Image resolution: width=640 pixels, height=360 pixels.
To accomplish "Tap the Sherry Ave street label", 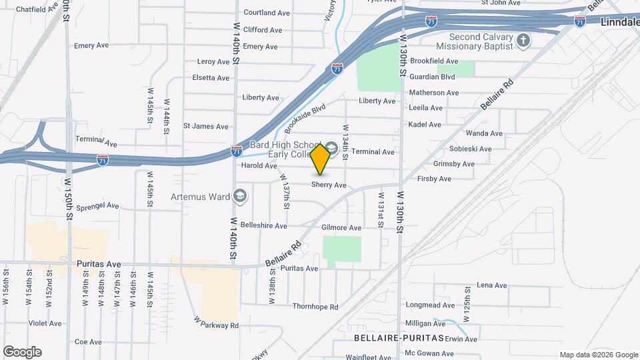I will click(x=329, y=185).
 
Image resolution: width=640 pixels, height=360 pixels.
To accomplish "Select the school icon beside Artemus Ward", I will click(x=239, y=196).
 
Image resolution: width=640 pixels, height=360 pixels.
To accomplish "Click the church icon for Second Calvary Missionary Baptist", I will click(x=523, y=41).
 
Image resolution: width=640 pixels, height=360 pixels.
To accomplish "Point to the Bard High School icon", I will click(x=331, y=145).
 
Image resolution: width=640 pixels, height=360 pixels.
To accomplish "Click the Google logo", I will click(x=22, y=352).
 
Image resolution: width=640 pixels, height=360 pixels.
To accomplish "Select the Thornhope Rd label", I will click(x=315, y=307).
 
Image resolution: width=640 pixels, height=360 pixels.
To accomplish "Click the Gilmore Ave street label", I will click(x=341, y=227).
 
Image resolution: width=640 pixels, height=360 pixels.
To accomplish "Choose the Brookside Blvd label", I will click(x=305, y=117).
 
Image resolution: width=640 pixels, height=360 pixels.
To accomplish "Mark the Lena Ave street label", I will click(x=492, y=285).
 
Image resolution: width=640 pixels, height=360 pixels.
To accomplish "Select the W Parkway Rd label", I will click(x=216, y=325).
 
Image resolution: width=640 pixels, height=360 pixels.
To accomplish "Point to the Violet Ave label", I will click(x=45, y=323).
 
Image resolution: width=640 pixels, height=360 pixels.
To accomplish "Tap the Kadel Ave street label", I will click(x=425, y=124).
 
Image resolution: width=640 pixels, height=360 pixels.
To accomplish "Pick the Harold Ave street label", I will click(x=259, y=165).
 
